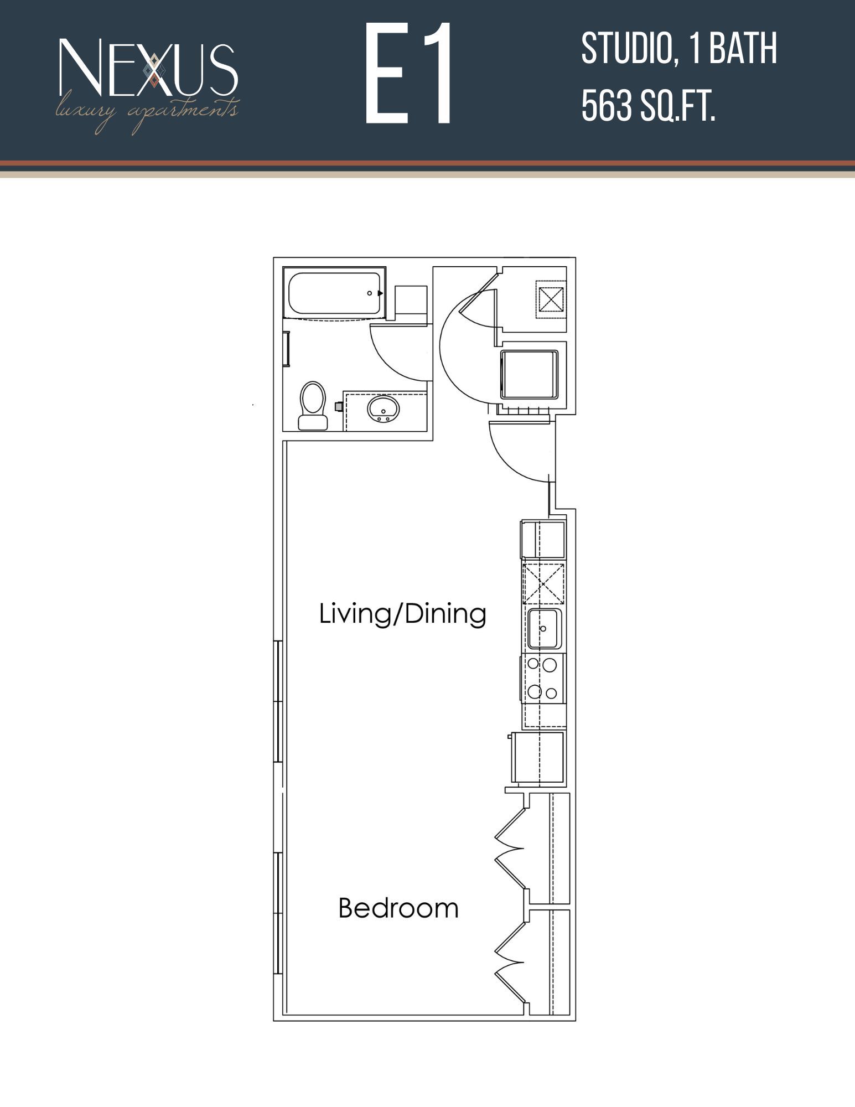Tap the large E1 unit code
point(409,74)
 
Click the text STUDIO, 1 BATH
point(678,49)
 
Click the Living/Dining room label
point(402,614)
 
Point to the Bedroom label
point(398,908)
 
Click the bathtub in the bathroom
point(334,293)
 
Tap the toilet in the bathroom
point(313,405)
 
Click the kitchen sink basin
point(544,628)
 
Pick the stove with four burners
point(543,679)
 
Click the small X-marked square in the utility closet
point(551,299)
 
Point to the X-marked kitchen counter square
point(543,583)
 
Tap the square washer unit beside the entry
point(529,374)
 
